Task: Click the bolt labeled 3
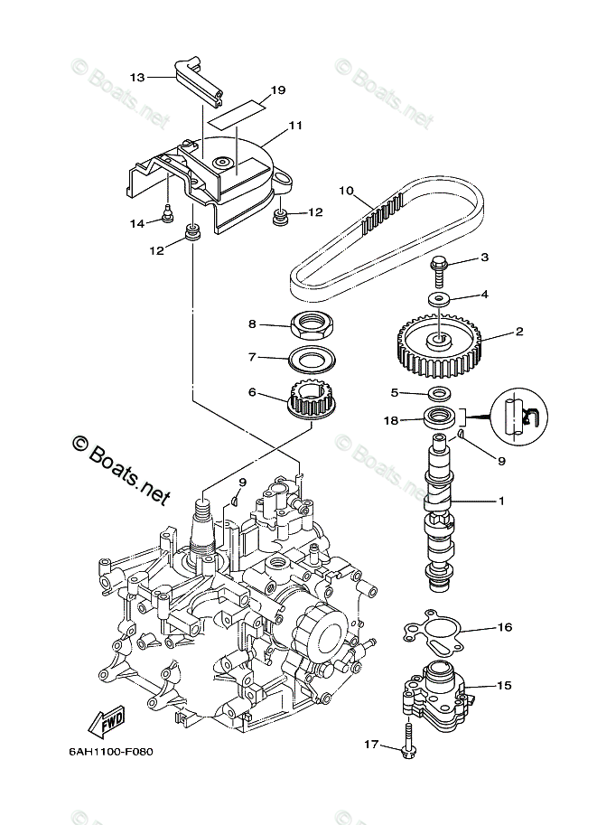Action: click(438, 270)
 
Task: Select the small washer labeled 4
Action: click(438, 300)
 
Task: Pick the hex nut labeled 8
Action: click(313, 325)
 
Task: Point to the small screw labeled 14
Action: click(167, 215)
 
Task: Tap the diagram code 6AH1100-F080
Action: click(110, 752)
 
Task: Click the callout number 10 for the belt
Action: click(346, 191)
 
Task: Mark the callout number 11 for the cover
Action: click(295, 126)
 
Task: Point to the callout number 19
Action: click(278, 90)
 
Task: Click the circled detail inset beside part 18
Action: click(518, 417)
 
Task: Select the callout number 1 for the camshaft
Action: click(501, 501)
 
